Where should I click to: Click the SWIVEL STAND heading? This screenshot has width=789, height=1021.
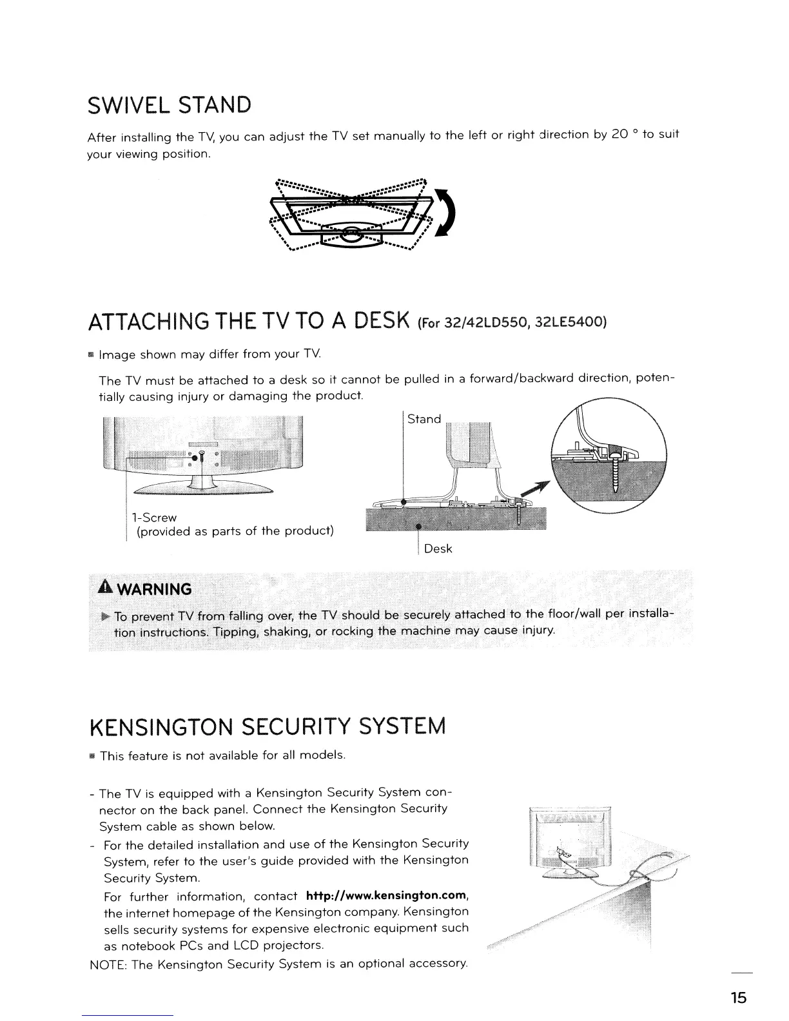point(169,104)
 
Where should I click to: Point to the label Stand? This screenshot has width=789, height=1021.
point(424,420)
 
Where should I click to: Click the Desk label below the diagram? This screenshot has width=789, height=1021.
point(438,549)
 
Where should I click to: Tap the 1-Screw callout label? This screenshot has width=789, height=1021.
point(153,518)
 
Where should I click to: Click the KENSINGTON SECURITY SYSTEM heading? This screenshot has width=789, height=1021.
point(266,726)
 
